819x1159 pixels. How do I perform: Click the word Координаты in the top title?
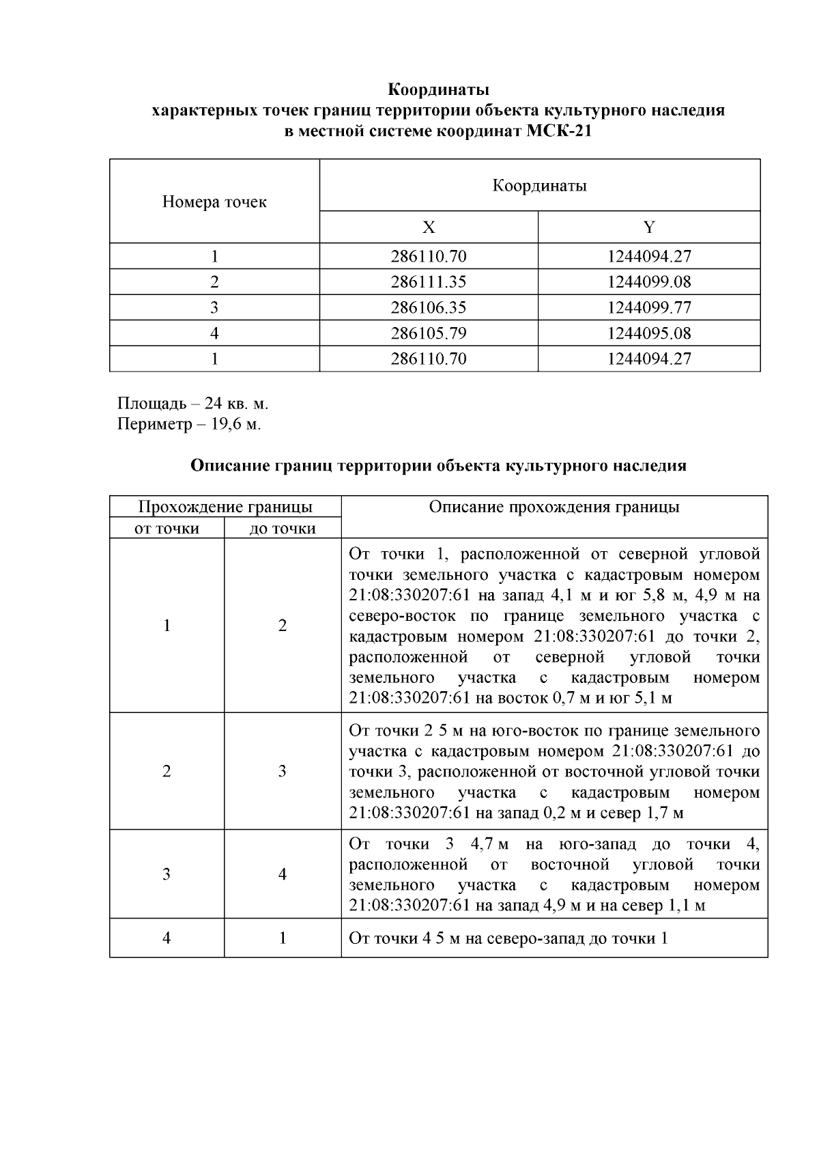(438, 89)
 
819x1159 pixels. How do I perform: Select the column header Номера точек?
(214, 202)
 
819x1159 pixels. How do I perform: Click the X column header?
(428, 227)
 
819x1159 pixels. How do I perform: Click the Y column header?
(649, 227)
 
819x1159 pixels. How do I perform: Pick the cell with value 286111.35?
(428, 282)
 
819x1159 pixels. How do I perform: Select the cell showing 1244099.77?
(649, 308)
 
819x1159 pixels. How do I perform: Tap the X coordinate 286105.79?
(428, 334)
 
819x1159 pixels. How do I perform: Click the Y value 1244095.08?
(649, 334)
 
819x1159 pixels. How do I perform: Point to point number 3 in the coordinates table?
(214, 308)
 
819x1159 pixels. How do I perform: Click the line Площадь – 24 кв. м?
(193, 402)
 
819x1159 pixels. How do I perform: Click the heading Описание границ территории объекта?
(438, 466)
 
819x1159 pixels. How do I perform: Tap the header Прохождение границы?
(225, 507)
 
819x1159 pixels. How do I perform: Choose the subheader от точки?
(167, 529)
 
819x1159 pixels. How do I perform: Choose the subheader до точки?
(283, 529)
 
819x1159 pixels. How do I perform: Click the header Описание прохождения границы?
(554, 507)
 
